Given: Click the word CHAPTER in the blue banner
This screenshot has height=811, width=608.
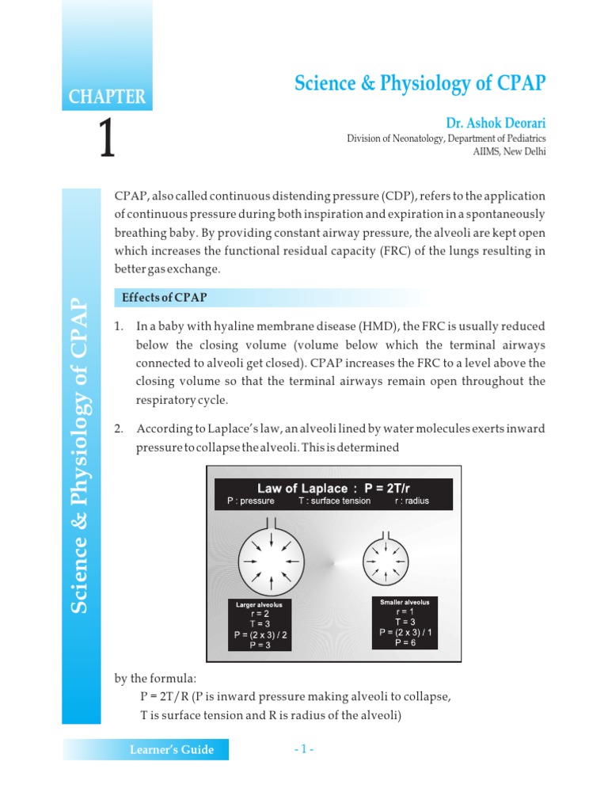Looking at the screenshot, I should tap(107, 97).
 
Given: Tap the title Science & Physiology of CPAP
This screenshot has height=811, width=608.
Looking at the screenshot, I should tap(420, 83).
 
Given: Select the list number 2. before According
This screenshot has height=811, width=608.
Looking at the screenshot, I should tap(120, 428).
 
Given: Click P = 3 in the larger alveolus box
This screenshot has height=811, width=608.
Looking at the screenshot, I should tap(260, 645).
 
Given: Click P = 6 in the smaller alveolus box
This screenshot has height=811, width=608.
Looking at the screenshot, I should tap(405, 643).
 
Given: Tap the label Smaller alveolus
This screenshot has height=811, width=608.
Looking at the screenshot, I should tap(405, 602).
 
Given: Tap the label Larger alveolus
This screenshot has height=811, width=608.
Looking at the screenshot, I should tap(259, 604).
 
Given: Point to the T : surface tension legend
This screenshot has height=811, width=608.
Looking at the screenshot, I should tap(334, 501).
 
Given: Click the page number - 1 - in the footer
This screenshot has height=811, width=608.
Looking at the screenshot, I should tap(304, 749).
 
